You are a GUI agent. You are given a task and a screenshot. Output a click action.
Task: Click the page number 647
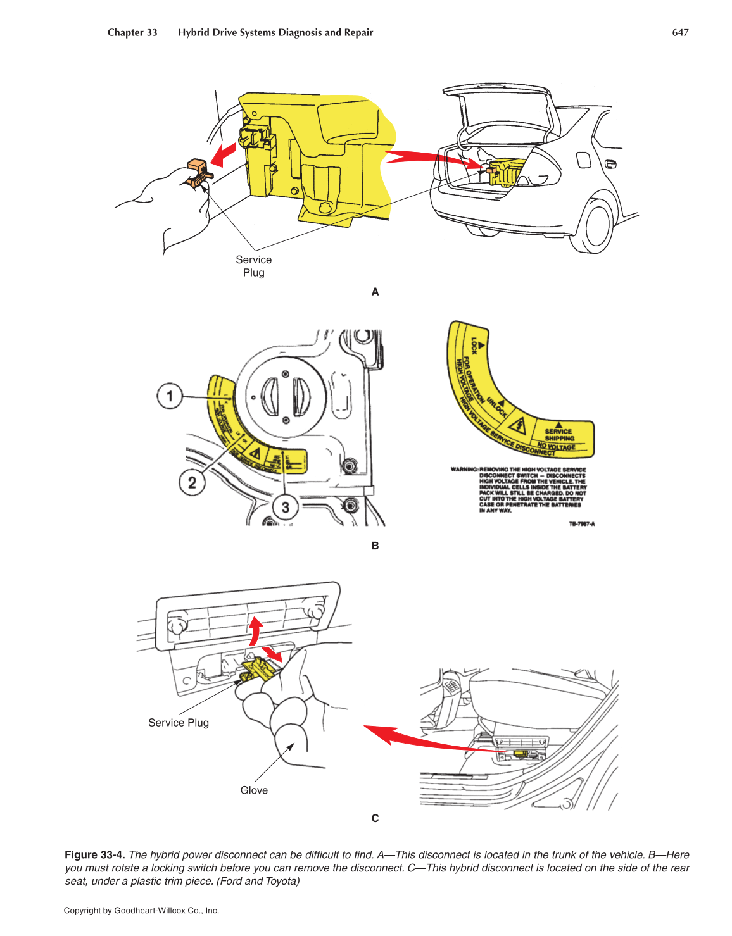pyautogui.click(x=679, y=33)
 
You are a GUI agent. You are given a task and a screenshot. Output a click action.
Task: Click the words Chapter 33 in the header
pyautogui.click(x=132, y=33)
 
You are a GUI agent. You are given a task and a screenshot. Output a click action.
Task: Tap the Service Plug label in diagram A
pyautogui.click(x=253, y=266)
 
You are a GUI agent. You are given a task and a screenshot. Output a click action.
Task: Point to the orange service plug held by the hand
pyautogui.click(x=198, y=173)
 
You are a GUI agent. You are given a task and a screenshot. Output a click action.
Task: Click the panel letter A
pyautogui.click(x=375, y=292)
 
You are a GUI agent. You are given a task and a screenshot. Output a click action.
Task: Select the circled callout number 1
pyautogui.click(x=169, y=396)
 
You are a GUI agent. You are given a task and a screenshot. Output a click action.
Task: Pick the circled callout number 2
pyautogui.click(x=191, y=483)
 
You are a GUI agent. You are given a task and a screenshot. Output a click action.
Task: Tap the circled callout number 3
pyautogui.click(x=285, y=507)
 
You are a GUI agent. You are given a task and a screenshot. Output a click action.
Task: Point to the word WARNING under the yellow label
pyautogui.click(x=464, y=470)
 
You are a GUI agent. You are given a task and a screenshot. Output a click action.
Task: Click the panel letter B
pyautogui.click(x=375, y=546)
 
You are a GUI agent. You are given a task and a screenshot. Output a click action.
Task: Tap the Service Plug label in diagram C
pyautogui.click(x=178, y=723)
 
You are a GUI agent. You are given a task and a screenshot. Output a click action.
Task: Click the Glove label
pyautogui.click(x=254, y=790)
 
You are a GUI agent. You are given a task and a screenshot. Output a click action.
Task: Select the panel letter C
pyautogui.click(x=375, y=818)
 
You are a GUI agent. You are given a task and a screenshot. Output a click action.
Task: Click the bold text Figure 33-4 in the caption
pyautogui.click(x=94, y=855)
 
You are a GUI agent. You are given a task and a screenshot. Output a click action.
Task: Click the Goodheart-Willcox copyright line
pyautogui.click(x=141, y=911)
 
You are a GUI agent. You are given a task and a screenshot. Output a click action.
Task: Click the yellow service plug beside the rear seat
pyautogui.click(x=521, y=754)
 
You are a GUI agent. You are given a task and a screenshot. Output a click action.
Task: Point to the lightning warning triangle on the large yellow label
pyautogui.click(x=517, y=426)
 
